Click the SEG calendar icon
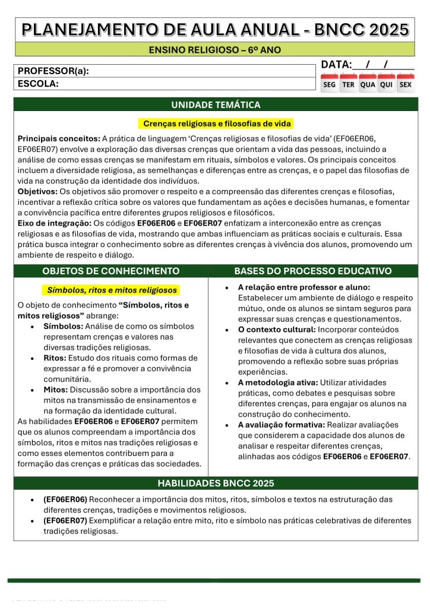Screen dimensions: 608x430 (x=329, y=83)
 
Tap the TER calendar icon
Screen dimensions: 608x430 (x=349, y=83)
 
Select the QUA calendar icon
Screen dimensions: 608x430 (x=368, y=83)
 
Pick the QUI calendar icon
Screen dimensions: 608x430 (x=387, y=83)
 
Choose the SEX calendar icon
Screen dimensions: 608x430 (x=406, y=83)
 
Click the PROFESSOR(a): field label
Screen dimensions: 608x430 (x=53, y=71)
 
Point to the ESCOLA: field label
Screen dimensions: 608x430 (x=38, y=84)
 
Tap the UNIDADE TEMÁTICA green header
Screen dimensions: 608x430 (x=216, y=105)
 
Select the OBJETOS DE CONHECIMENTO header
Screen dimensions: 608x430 (x=111, y=271)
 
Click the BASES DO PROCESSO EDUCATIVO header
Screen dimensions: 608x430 (x=313, y=271)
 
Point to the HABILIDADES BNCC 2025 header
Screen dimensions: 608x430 (x=216, y=483)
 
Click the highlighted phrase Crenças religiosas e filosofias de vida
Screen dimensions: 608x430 (x=216, y=123)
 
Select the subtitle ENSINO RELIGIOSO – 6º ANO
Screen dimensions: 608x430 (x=215, y=49)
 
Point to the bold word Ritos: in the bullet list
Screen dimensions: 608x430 (x=55, y=358)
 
